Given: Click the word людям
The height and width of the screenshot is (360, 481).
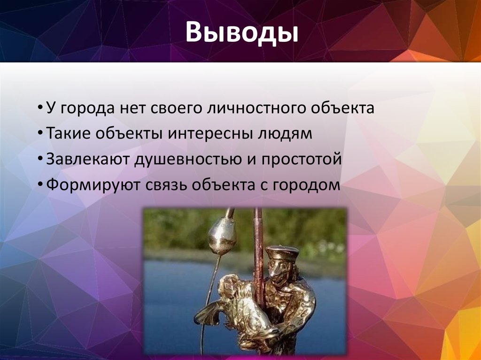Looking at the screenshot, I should click(284, 134).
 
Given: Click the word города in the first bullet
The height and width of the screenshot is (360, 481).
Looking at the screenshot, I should click(86, 109).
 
